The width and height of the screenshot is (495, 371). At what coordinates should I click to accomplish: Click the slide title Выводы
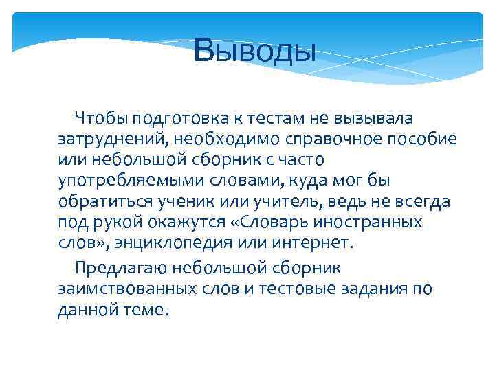click(x=254, y=51)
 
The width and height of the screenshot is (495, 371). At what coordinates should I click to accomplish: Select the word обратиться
click(x=109, y=203)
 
